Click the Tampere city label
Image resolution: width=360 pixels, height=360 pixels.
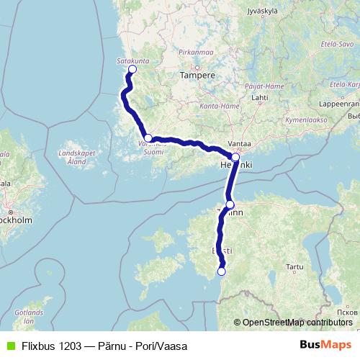point(198,75)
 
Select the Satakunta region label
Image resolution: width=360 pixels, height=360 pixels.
point(132,61)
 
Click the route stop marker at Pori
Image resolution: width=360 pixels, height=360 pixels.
point(132,70)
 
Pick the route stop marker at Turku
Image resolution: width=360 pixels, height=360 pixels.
point(148,138)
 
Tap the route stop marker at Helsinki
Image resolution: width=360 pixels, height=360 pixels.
point(235,156)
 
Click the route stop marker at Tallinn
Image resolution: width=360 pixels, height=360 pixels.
point(230,204)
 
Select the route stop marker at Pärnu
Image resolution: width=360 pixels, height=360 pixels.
point(221,271)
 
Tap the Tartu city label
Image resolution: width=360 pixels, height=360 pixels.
point(295,266)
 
